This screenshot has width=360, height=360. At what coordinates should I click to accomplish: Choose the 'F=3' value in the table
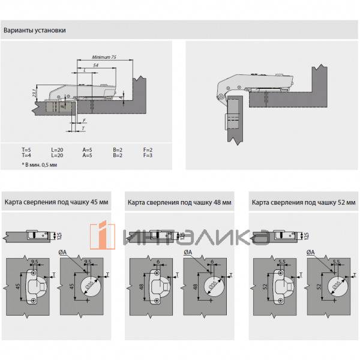148,156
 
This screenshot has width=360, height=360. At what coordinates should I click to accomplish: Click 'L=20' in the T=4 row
57,156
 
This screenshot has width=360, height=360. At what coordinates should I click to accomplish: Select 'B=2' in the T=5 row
117,149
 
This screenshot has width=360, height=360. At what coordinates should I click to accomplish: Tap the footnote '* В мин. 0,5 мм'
40,163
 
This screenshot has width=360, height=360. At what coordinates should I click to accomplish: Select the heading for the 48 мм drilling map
179,203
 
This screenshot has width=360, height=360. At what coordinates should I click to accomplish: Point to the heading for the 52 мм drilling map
303,203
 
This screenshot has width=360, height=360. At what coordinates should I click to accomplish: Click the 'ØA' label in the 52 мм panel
310,253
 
